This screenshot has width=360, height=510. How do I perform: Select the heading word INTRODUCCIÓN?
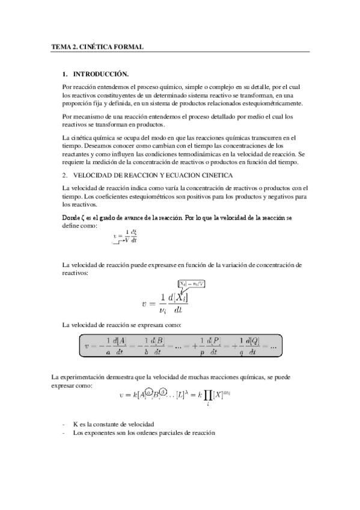pos(101,74)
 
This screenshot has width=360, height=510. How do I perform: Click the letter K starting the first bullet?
pos(75,424)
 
